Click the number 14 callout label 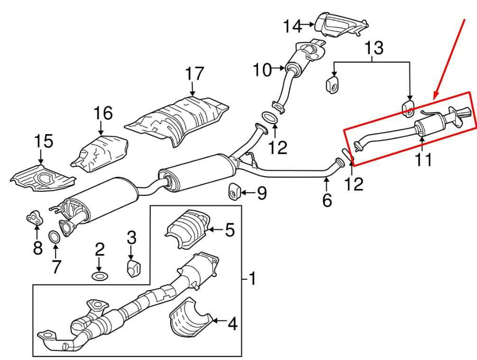[x=293, y=26]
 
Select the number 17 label [x=194, y=74]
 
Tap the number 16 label [x=103, y=113]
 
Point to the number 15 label [x=43, y=141]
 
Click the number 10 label [x=262, y=71]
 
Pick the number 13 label [x=373, y=48]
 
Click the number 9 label [x=261, y=193]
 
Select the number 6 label [x=327, y=200]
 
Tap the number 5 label [x=229, y=231]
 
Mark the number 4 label [x=232, y=324]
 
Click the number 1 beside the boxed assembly [x=252, y=279]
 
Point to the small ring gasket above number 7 [x=55, y=235]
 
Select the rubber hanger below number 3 [x=133, y=268]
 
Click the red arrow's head [x=435, y=99]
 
